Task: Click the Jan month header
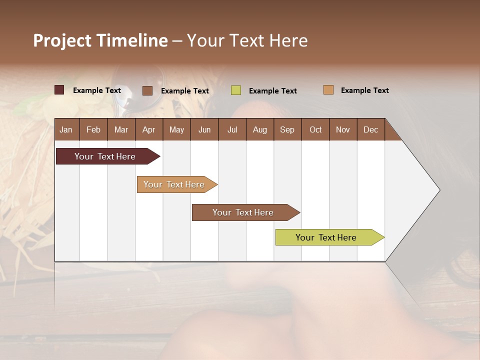(66, 129)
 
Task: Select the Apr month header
(148, 129)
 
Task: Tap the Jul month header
(232, 129)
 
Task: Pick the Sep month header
(287, 129)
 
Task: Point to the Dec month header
(370, 129)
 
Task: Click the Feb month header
(93, 129)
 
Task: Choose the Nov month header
(342, 129)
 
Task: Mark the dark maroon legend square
(59, 90)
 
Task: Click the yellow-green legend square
(236, 90)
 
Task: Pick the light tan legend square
(328, 90)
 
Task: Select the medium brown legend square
(147, 90)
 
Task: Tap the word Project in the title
(62, 40)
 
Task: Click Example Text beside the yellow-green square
(272, 90)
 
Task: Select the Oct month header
(315, 129)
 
